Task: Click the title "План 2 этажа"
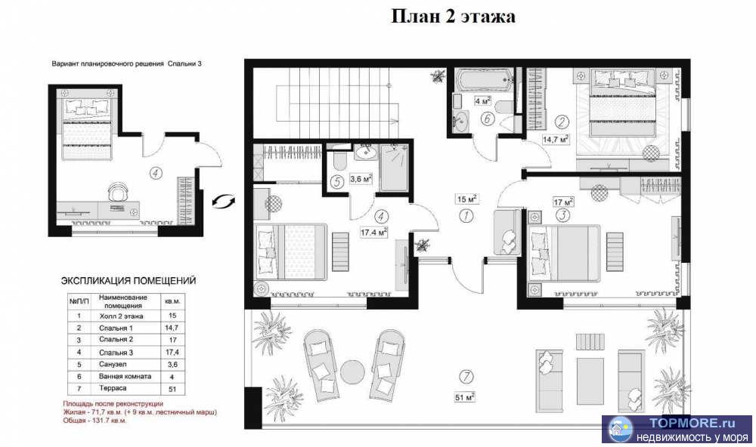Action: click(453, 17)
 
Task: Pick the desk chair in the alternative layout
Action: click(116, 192)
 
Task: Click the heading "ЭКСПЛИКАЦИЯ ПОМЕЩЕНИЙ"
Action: click(129, 280)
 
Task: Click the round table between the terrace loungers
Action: click(352, 372)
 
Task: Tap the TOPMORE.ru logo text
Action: click(685, 424)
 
